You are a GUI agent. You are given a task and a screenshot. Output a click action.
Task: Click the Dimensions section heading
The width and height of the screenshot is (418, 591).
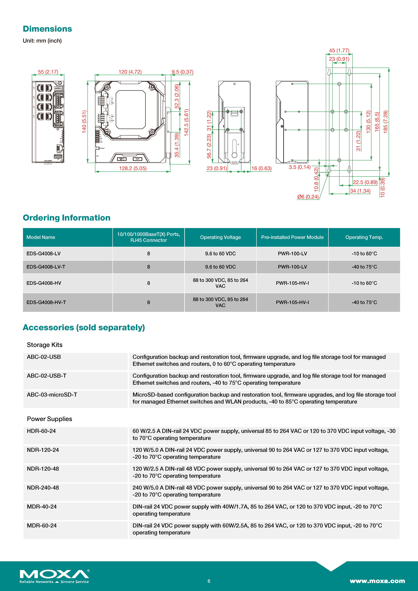(47, 29)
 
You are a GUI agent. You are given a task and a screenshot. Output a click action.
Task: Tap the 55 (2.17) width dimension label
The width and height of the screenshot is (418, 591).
(48, 72)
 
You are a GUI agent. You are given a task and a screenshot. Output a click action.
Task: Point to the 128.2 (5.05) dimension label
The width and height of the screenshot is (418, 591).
(133, 168)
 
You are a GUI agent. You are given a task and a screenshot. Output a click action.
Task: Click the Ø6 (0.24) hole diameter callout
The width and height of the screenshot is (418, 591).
(308, 197)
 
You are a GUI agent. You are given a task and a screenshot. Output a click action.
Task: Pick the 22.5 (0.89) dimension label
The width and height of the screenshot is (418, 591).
(365, 182)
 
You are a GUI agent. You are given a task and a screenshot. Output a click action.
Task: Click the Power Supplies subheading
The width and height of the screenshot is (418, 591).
(49, 419)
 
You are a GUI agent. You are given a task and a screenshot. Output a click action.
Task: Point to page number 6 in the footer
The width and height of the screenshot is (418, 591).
(209, 581)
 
